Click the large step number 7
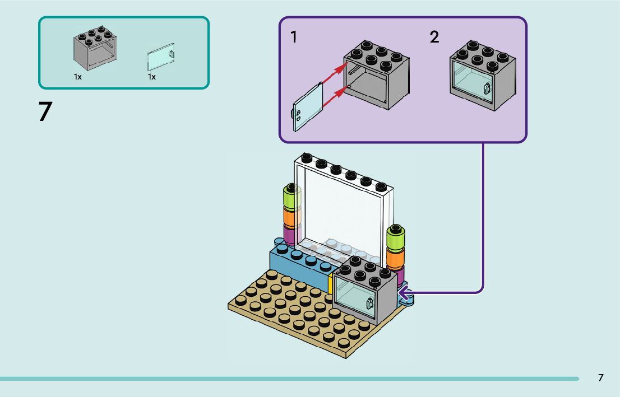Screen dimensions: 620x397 click(x=45, y=111)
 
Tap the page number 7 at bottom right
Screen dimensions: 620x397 click(x=600, y=378)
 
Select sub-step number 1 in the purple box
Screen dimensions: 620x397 click(x=293, y=37)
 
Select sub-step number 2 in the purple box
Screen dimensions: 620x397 click(x=434, y=37)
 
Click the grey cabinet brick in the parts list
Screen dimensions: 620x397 click(x=95, y=48)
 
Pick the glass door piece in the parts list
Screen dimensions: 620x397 click(x=161, y=57)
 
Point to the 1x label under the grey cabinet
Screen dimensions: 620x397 click(x=78, y=77)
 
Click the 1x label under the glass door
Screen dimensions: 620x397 click(x=152, y=77)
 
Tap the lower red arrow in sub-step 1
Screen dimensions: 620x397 click(x=335, y=97)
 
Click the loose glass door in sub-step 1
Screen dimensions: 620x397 click(x=308, y=106)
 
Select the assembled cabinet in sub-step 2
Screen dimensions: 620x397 click(x=483, y=75)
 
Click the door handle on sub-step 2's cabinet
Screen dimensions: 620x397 click(x=487, y=88)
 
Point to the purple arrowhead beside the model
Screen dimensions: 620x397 click(x=404, y=293)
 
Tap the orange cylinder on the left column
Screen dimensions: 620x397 click(x=292, y=217)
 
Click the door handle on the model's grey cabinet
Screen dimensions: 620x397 click(x=370, y=303)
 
